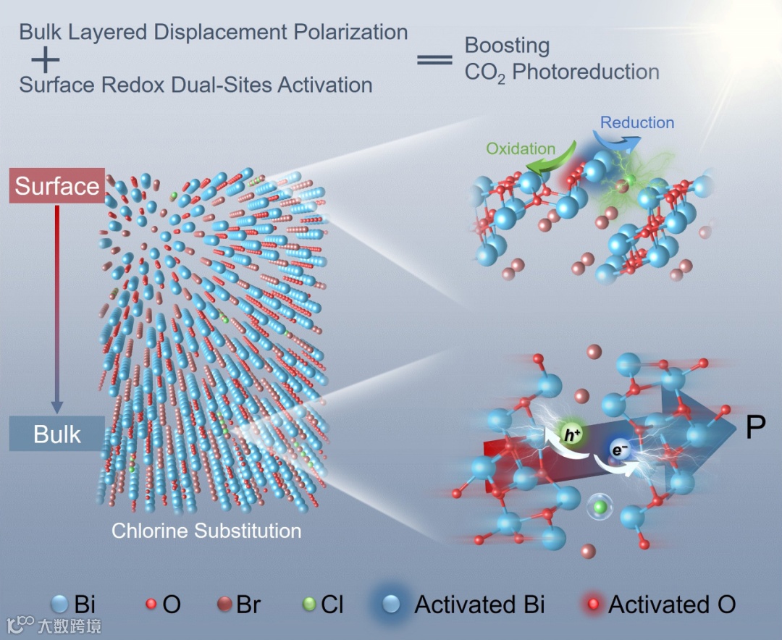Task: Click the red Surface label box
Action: point(57,186)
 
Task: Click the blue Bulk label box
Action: point(57,434)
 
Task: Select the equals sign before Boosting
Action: point(434,59)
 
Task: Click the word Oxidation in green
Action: point(521,148)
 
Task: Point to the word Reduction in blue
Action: point(637,123)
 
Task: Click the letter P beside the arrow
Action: point(755,429)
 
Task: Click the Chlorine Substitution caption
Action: point(206,531)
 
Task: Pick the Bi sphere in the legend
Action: point(60,604)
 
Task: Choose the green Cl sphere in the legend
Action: point(309,604)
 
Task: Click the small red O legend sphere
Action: point(151,604)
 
